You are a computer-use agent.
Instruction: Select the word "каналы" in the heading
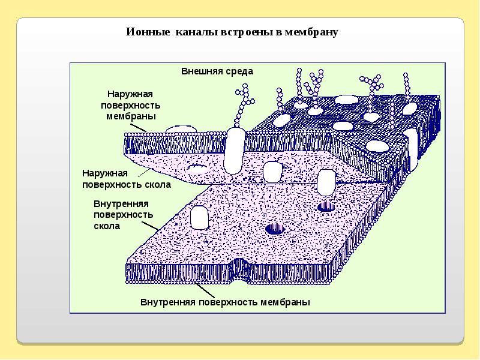click(193, 32)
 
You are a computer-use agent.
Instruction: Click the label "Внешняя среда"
click(217, 71)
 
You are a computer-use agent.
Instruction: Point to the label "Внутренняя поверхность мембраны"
click(225, 302)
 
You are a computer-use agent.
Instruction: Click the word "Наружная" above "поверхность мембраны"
click(130, 94)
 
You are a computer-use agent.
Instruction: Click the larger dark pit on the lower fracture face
click(275, 228)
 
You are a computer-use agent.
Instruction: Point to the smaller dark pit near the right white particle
click(326, 206)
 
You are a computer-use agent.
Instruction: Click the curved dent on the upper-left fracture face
click(197, 166)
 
